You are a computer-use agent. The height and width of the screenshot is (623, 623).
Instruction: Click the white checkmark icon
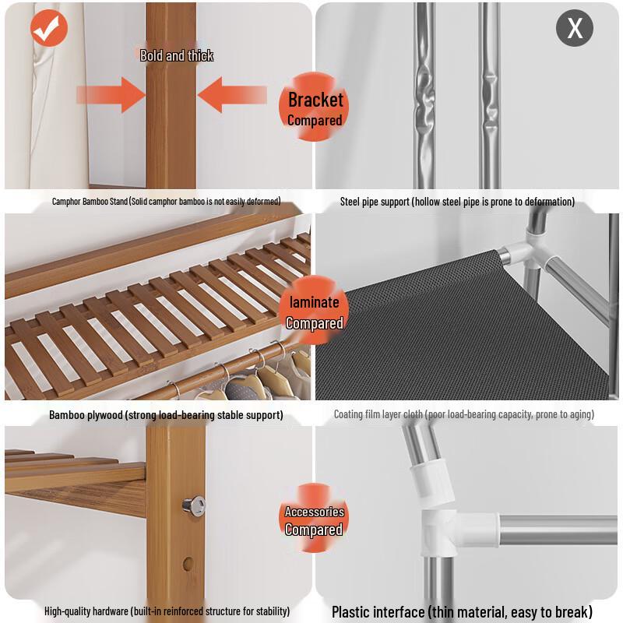click(x=49, y=29)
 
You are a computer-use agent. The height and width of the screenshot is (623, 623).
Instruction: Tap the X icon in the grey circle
click(x=575, y=29)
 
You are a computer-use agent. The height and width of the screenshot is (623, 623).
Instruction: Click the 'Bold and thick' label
click(x=176, y=55)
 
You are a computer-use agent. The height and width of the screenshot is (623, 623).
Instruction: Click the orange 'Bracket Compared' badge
click(x=315, y=108)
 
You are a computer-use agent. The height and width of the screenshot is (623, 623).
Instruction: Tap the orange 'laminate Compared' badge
click(x=314, y=312)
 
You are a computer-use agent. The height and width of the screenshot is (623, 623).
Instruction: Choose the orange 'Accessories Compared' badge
click(x=314, y=519)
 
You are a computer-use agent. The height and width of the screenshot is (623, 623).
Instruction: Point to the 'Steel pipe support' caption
click(x=457, y=202)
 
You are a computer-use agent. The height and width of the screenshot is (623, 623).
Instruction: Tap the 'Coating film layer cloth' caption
click(x=463, y=415)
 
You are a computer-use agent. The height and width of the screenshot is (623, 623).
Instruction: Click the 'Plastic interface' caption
click(x=462, y=612)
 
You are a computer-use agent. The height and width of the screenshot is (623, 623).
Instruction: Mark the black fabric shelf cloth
click(x=459, y=335)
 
